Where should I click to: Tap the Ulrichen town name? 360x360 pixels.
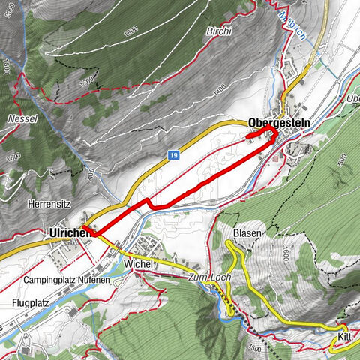(69, 233)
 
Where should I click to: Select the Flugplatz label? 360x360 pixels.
(31, 303)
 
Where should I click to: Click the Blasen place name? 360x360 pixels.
(247, 234)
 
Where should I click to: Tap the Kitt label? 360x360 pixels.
(344, 337)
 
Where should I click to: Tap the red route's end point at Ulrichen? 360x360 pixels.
(85, 226)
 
